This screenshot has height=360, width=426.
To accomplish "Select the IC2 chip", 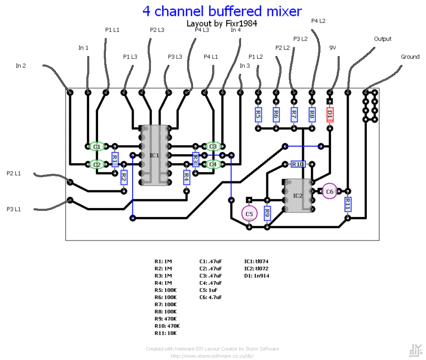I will (298, 196).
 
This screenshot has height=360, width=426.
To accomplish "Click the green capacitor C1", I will (97, 146).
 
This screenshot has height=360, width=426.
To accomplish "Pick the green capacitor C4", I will (213, 164).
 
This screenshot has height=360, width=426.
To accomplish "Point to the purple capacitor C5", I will (249, 214).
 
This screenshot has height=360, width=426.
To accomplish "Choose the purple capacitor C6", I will (329, 191).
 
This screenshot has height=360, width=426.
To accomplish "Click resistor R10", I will (298, 164).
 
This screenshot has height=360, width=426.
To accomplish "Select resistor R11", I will (348, 204).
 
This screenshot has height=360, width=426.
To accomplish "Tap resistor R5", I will (258, 114).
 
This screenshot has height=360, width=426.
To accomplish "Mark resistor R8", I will (312, 114).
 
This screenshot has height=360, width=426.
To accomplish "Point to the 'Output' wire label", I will (382, 39).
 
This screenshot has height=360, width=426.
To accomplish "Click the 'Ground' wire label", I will (410, 57).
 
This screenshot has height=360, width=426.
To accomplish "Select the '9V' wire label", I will (333, 47).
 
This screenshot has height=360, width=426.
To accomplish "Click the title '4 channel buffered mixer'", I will (222, 11).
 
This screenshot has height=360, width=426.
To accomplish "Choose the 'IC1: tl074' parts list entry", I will (257, 261).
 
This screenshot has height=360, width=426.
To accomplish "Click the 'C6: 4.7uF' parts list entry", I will (211, 297).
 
